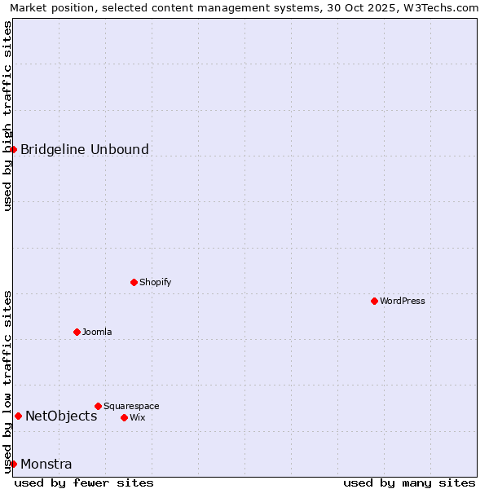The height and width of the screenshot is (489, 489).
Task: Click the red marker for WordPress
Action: click(374, 301)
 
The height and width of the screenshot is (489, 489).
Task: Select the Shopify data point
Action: click(134, 282)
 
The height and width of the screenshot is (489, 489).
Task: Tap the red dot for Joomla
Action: click(77, 332)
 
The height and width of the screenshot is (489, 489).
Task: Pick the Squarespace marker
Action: click(98, 406)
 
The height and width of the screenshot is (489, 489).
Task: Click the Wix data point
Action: click(124, 417)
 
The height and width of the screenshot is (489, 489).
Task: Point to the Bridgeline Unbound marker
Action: click(14, 149)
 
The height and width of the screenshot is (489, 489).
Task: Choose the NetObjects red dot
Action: click(18, 416)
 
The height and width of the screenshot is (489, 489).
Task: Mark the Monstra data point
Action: click(14, 464)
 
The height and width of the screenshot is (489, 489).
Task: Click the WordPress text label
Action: click(403, 301)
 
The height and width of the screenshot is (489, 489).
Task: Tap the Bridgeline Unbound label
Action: click(85, 149)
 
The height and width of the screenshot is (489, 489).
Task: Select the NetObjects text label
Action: click(61, 416)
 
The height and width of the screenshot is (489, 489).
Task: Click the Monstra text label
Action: click(46, 465)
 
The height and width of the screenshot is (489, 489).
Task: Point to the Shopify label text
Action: click(156, 282)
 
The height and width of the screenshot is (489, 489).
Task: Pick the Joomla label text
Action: click(97, 332)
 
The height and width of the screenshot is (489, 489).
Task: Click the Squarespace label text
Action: click(131, 406)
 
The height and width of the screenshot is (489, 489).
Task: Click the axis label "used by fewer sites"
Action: click(84, 482)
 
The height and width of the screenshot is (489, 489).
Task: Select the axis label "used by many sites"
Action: click(409, 482)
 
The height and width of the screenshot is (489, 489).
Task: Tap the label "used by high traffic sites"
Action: click(7, 117)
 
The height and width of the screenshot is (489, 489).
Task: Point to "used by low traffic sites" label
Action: click(7, 381)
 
